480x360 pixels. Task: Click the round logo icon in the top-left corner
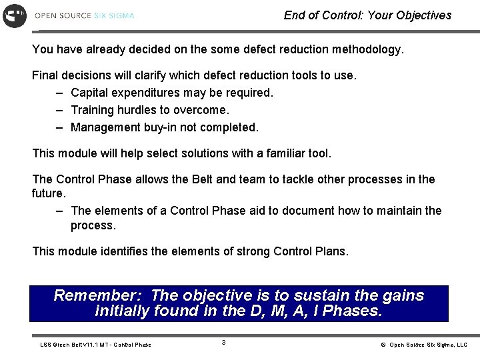(x=15, y=15)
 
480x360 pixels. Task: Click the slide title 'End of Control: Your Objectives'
(x=367, y=15)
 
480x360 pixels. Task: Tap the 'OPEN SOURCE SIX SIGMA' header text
(x=84, y=15)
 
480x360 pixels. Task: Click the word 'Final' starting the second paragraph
(x=45, y=76)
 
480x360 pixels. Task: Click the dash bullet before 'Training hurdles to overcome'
(x=59, y=110)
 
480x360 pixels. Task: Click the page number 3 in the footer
(x=223, y=342)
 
